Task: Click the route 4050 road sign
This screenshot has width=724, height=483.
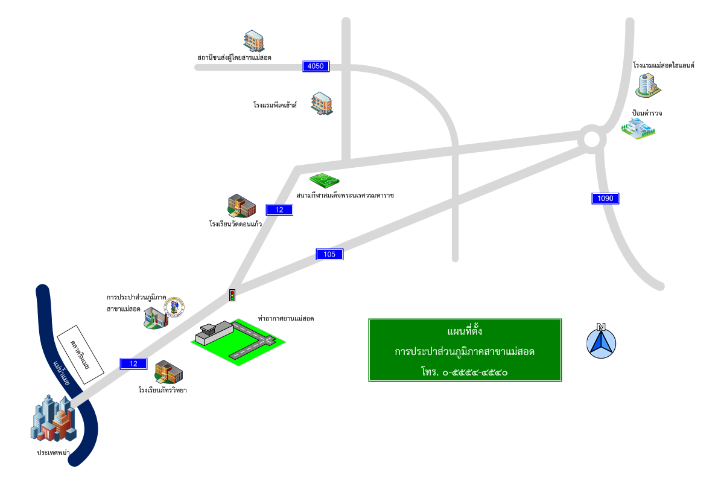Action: (316, 66)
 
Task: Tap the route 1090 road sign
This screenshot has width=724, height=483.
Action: (605, 198)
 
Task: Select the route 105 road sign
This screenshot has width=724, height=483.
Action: (329, 254)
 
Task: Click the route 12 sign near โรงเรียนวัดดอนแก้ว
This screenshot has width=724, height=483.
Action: (279, 210)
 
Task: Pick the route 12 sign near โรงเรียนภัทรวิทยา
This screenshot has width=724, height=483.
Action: (134, 363)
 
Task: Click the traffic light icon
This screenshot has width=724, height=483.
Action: (232, 295)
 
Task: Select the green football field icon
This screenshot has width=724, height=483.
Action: (325, 180)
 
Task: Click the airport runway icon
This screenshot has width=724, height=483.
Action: (238, 341)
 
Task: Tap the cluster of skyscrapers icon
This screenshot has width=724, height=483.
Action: (53, 418)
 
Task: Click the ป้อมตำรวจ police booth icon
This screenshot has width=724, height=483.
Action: (638, 129)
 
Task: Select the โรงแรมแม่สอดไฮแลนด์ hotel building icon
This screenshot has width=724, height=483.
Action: (647, 85)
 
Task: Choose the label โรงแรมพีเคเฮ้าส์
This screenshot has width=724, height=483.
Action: (275, 105)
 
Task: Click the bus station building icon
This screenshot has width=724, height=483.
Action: (254, 41)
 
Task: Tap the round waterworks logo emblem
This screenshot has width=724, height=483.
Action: (175, 307)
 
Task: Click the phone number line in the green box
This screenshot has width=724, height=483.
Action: (465, 372)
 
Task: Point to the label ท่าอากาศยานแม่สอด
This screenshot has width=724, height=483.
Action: (286, 318)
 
